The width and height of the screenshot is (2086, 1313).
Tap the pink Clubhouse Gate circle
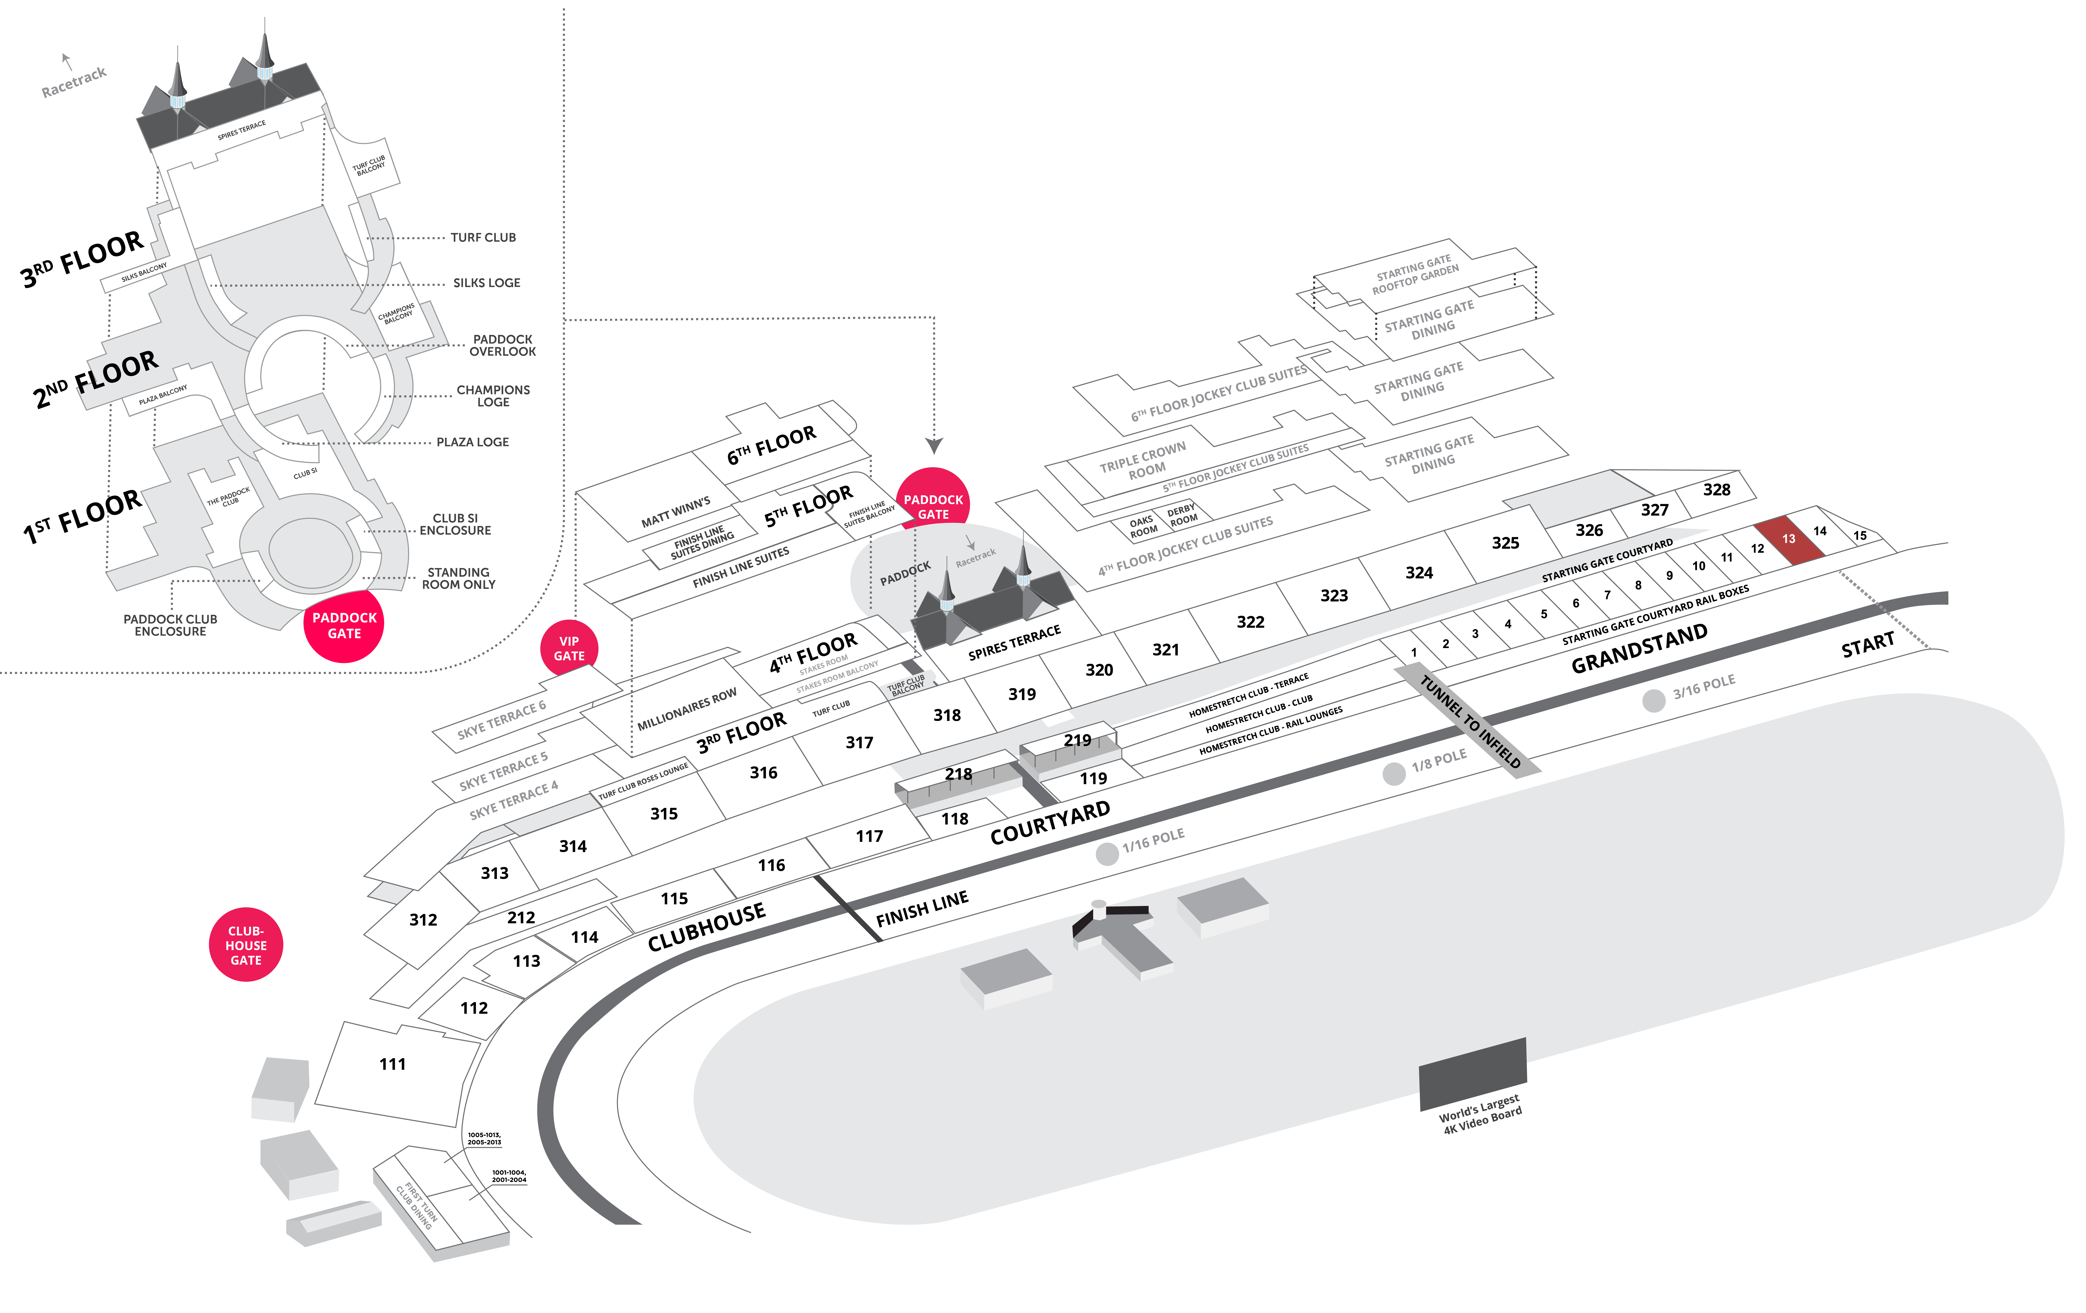(246, 945)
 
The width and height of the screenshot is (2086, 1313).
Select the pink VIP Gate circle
(569, 649)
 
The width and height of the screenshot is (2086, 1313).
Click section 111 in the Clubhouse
(392, 1064)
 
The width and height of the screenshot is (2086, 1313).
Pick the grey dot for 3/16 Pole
(1654, 700)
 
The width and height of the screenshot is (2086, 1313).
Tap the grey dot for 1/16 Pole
(1107, 854)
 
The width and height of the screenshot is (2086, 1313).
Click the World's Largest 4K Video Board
(1473, 1075)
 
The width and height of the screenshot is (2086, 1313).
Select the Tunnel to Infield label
(1470, 721)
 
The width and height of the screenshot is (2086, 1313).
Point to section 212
(521, 917)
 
